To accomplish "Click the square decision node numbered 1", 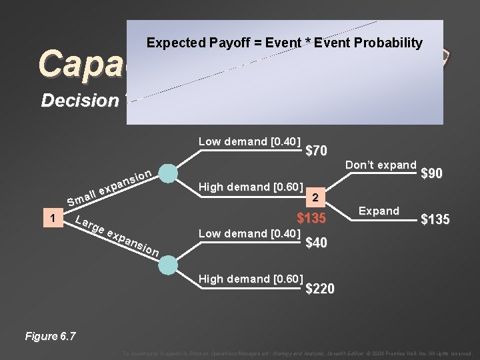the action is click(52, 219).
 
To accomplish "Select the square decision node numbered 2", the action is click(318, 198).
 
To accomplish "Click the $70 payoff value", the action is click(316, 151).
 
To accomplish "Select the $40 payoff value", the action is click(316, 243).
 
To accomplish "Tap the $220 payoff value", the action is click(320, 289).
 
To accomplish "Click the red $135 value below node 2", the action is click(311, 219).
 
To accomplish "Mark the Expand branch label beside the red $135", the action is click(379, 211).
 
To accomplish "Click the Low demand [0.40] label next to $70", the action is click(250, 141).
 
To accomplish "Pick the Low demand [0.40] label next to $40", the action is click(250, 233).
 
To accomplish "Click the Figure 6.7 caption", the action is click(50, 336).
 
